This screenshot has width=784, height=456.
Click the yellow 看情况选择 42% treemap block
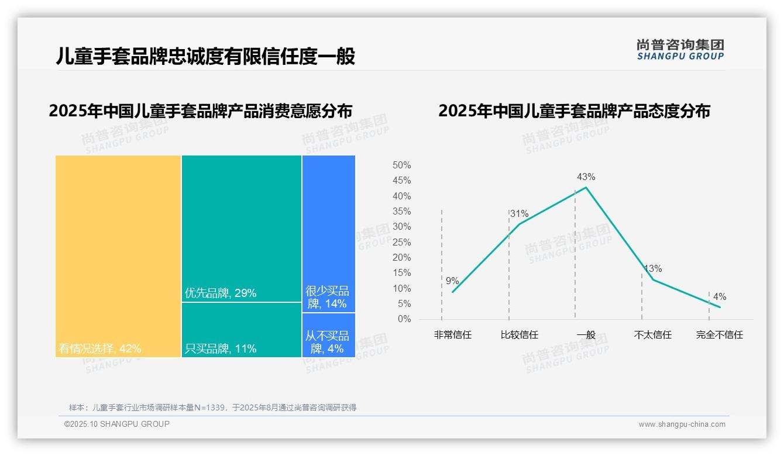coord(118,256)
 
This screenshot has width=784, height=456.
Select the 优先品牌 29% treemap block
coord(242,228)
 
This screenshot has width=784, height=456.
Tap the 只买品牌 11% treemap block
coord(242,330)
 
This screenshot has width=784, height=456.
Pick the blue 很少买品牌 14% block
coord(329,233)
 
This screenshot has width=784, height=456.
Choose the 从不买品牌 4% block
coord(329,335)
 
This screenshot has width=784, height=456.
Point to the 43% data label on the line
coord(586,177)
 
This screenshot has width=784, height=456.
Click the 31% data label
coord(519,213)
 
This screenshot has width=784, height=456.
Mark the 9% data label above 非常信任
coord(452,281)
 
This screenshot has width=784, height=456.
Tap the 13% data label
coord(653,269)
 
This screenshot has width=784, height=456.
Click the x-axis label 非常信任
coord(452,335)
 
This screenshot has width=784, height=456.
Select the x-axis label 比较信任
coord(519,335)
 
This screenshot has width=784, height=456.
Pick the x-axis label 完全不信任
coord(719,335)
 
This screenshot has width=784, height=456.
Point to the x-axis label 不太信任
coord(652,335)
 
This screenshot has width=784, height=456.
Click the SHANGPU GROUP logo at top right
coord(680,49)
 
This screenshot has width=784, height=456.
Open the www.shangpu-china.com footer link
coord(682,424)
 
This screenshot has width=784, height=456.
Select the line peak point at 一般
coord(586,187)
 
